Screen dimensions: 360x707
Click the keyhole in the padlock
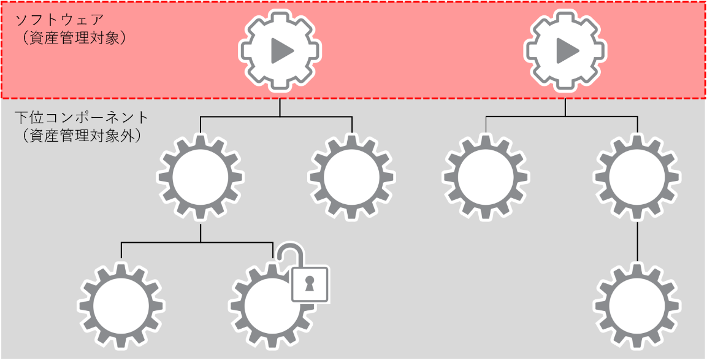309,284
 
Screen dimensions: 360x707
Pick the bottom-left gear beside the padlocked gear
121,305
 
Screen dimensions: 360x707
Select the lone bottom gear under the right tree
638,305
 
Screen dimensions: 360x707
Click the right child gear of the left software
352,178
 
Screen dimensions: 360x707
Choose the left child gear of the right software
486,178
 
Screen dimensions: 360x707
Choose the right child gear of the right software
638,178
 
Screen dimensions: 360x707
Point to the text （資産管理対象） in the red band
72,38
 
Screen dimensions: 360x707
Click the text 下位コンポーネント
81,116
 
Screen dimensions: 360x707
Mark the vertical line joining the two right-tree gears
638,242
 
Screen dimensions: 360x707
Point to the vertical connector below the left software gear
280,107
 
